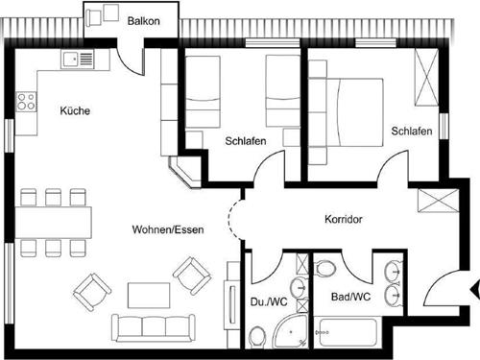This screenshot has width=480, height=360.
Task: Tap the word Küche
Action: pyautogui.click(x=75, y=111)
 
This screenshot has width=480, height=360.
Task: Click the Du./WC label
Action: pyautogui.click(x=270, y=300)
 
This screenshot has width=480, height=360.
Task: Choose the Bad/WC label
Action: pyautogui.click(x=348, y=297)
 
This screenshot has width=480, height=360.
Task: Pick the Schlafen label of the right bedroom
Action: pyautogui.click(x=411, y=131)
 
